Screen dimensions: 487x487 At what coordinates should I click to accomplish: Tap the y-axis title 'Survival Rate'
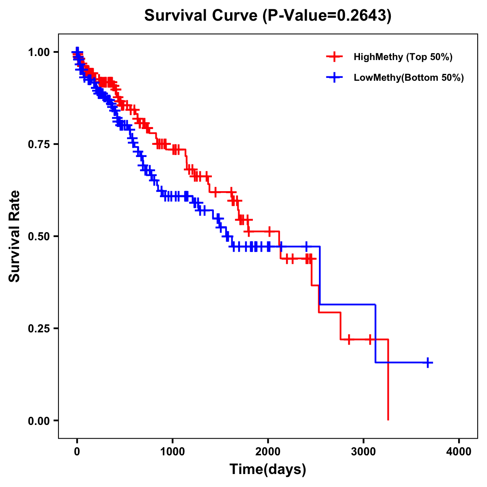click(15, 236)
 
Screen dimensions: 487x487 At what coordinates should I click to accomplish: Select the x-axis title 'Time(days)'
click(268, 470)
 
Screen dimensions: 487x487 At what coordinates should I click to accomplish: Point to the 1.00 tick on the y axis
click(39, 52)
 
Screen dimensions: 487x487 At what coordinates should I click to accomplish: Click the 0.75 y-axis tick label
click(39, 144)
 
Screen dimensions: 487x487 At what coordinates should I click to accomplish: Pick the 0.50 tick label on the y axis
click(39, 236)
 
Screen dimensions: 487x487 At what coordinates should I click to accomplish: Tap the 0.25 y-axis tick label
click(39, 328)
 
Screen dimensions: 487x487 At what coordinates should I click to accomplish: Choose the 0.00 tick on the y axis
click(39, 420)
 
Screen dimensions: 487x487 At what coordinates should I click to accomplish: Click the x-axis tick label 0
click(77, 452)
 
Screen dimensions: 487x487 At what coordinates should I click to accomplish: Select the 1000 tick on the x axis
click(172, 452)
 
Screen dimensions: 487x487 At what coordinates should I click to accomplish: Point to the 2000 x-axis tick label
click(268, 452)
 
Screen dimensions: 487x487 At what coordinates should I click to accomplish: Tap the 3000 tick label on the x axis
click(364, 452)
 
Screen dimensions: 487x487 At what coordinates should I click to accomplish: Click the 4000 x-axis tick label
click(459, 452)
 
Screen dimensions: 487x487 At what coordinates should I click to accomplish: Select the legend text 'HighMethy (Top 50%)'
click(403, 57)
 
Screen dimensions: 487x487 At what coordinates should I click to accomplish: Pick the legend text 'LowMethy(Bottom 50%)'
click(409, 78)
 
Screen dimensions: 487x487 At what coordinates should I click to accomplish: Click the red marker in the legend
click(334, 57)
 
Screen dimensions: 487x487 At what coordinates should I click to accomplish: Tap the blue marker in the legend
click(334, 78)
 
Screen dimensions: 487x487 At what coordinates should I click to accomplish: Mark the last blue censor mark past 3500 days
click(428, 362)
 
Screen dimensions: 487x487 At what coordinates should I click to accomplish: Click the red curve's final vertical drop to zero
click(388, 381)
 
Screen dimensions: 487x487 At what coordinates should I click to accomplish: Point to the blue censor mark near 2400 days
click(306, 246)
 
